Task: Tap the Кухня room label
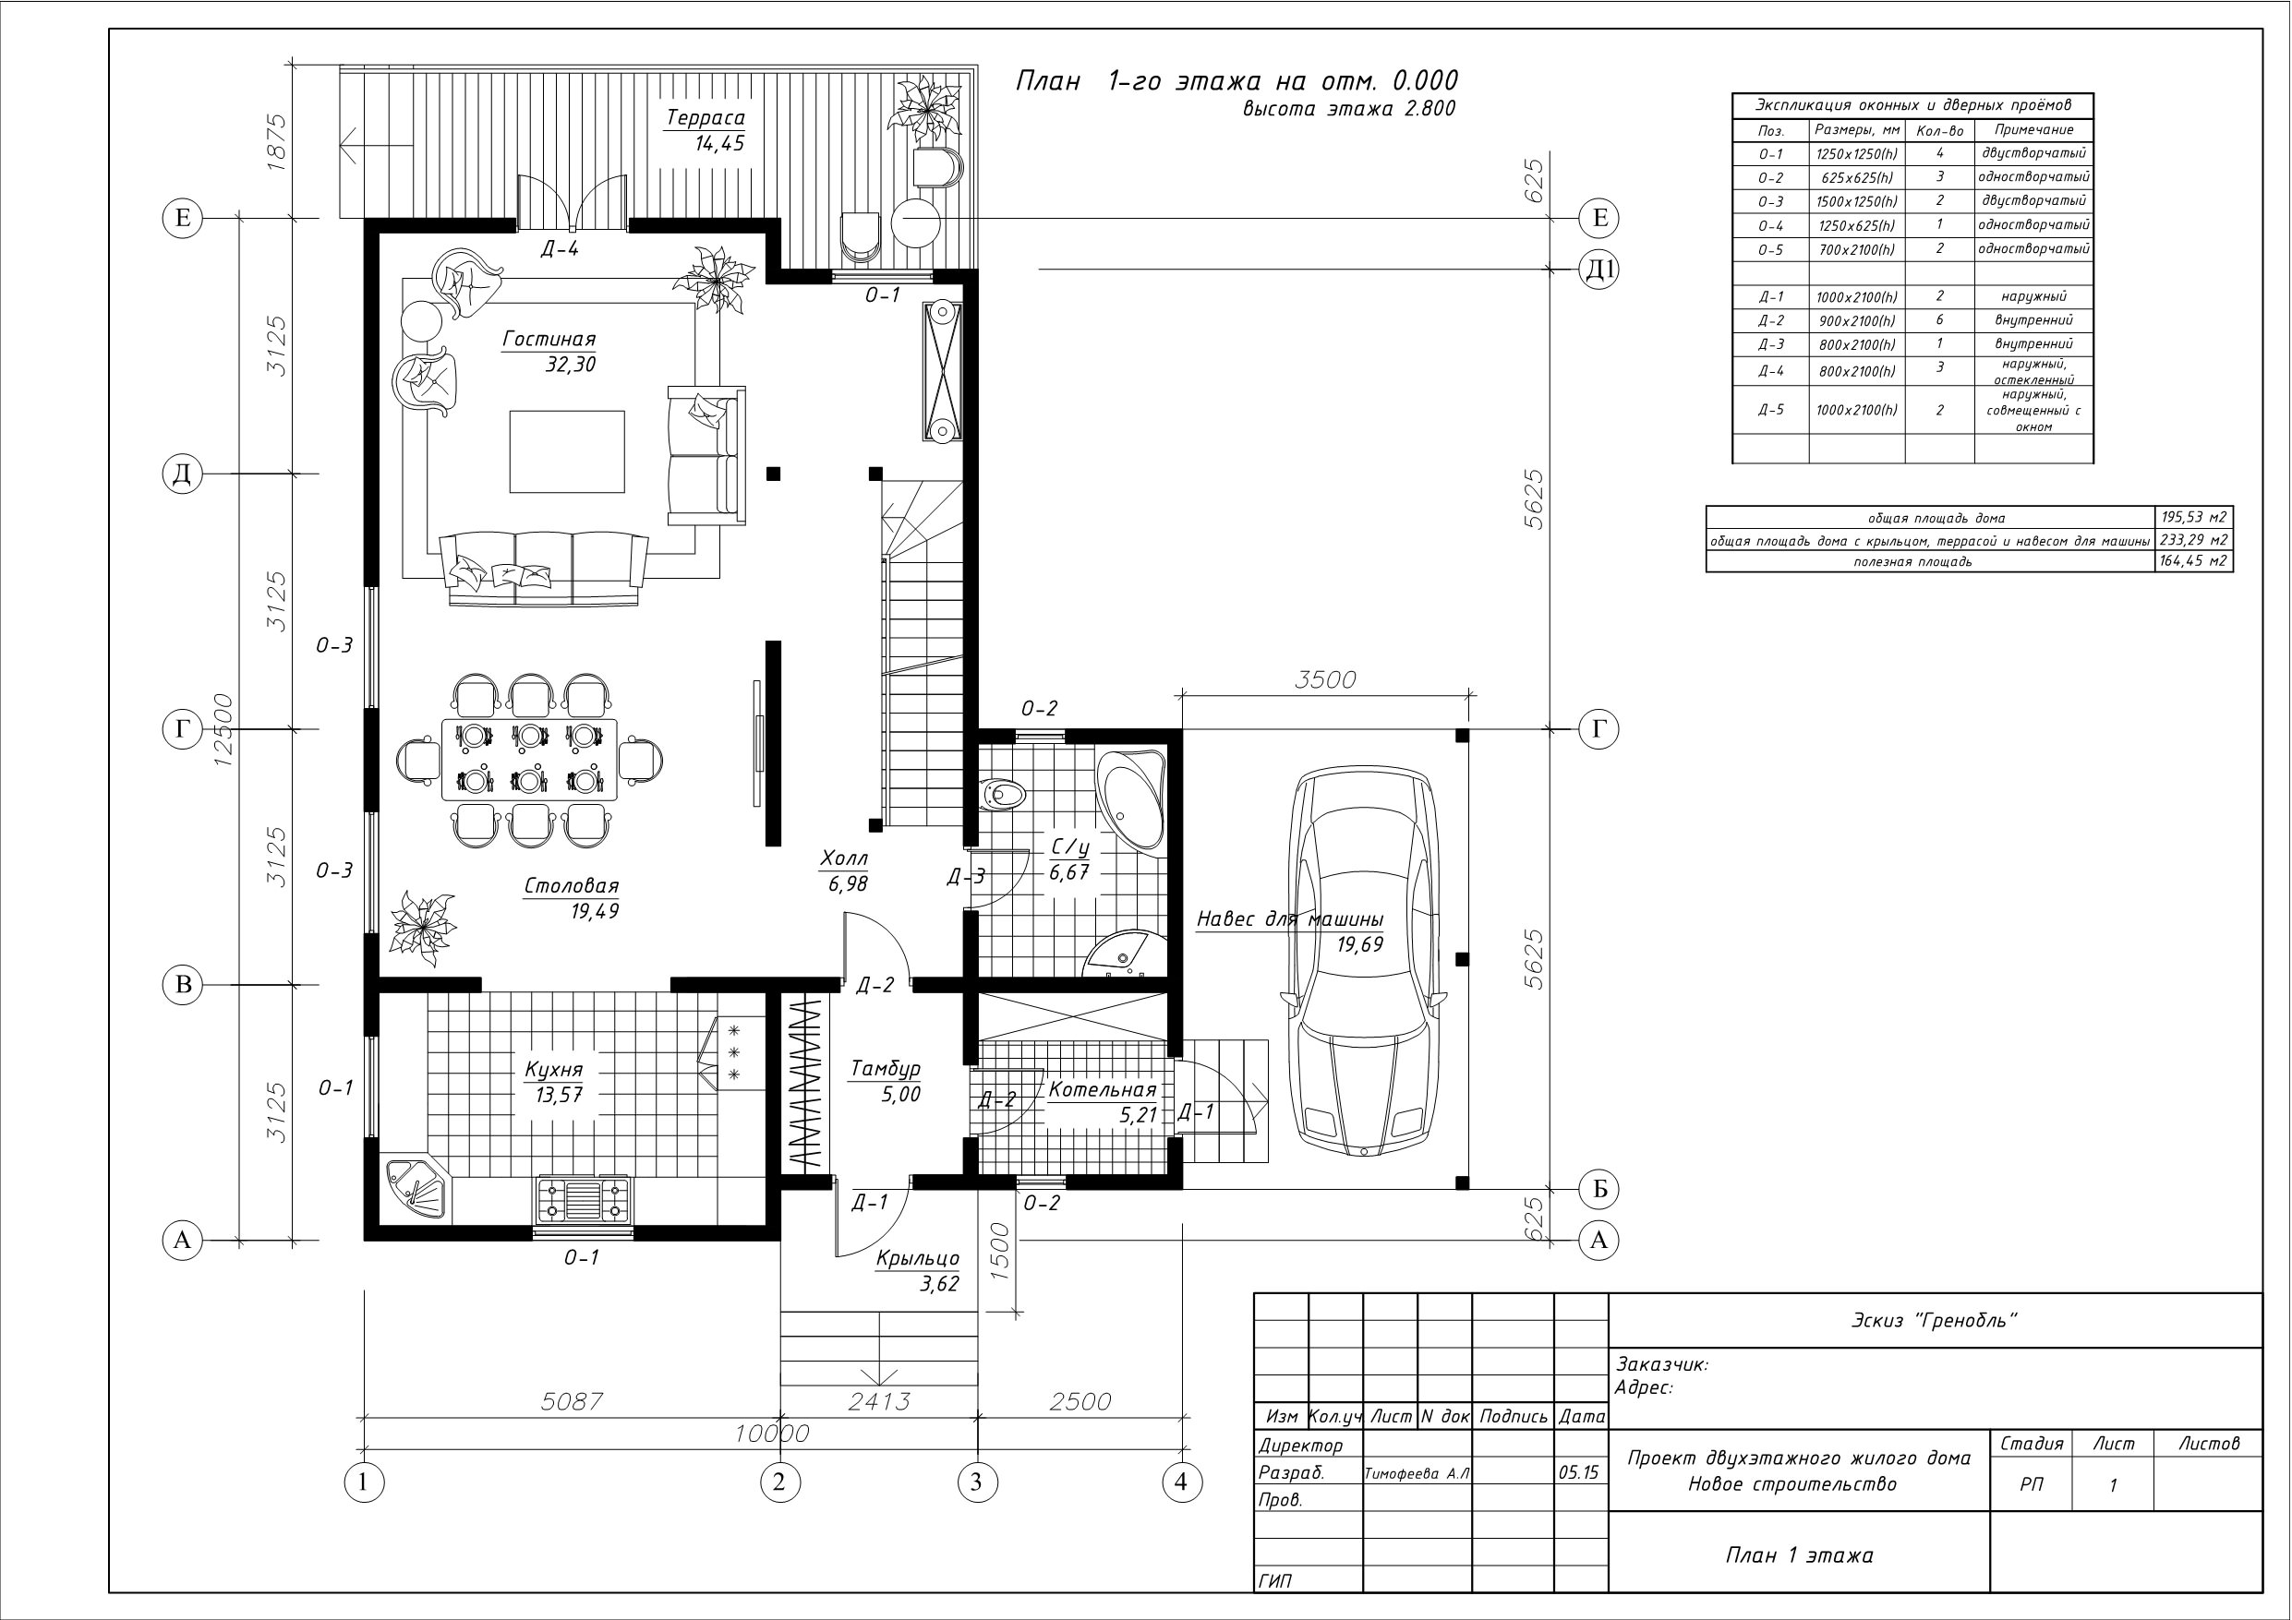pyautogui.click(x=553, y=1071)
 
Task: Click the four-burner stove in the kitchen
pyautogui.click(x=584, y=1199)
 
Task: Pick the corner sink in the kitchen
pyautogui.click(x=415, y=1188)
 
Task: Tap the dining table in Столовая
pyautogui.click(x=529, y=760)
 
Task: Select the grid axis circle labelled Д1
pyautogui.click(x=1598, y=270)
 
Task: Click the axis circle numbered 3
pyautogui.click(x=976, y=1482)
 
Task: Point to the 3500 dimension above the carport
pyautogui.click(x=1325, y=679)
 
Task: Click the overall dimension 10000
pyautogui.click(x=772, y=1434)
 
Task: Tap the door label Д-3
pyautogui.click(x=966, y=876)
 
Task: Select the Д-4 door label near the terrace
pyautogui.click(x=560, y=248)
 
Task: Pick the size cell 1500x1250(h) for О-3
pyautogui.click(x=1857, y=201)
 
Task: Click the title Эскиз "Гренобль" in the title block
pyautogui.click(x=1934, y=1320)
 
